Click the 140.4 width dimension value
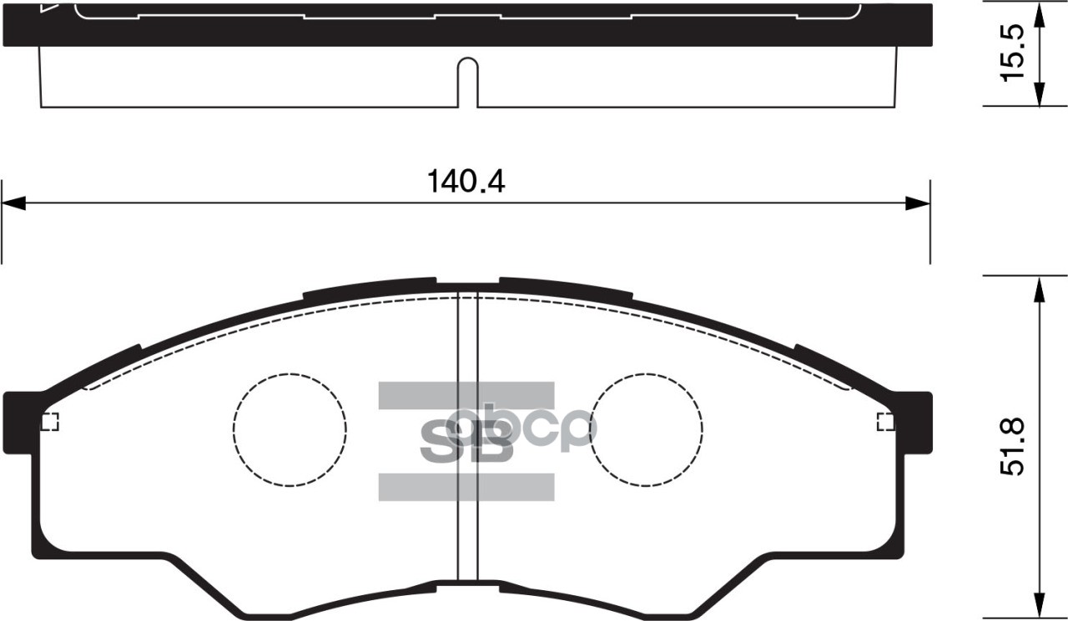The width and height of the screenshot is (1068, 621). coord(466,181)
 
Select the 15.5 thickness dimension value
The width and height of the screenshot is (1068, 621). coord(1012,53)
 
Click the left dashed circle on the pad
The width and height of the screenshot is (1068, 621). coord(290,428)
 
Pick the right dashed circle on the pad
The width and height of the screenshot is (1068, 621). coord(646,428)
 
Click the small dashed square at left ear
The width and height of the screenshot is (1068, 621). coord(50,422)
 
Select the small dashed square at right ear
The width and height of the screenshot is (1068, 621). coord(885,422)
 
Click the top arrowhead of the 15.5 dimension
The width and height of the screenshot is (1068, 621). coord(1039,15)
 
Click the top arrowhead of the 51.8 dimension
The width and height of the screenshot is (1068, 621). coord(1039,288)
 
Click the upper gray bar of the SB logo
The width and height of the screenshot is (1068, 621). coord(466,395)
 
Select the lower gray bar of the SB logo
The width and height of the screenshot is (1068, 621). coord(466,487)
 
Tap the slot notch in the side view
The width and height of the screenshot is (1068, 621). coord(467,83)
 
